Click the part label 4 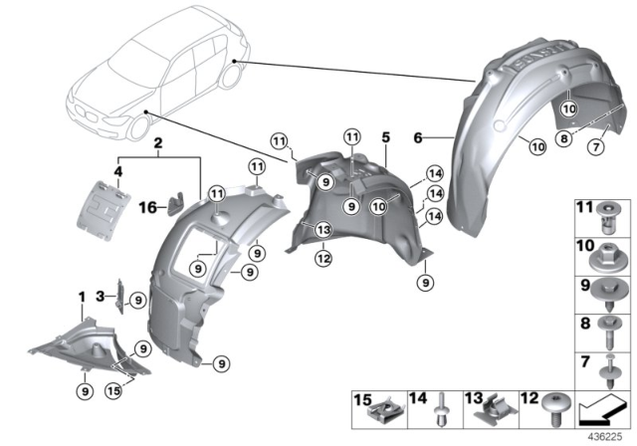point(117,171)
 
